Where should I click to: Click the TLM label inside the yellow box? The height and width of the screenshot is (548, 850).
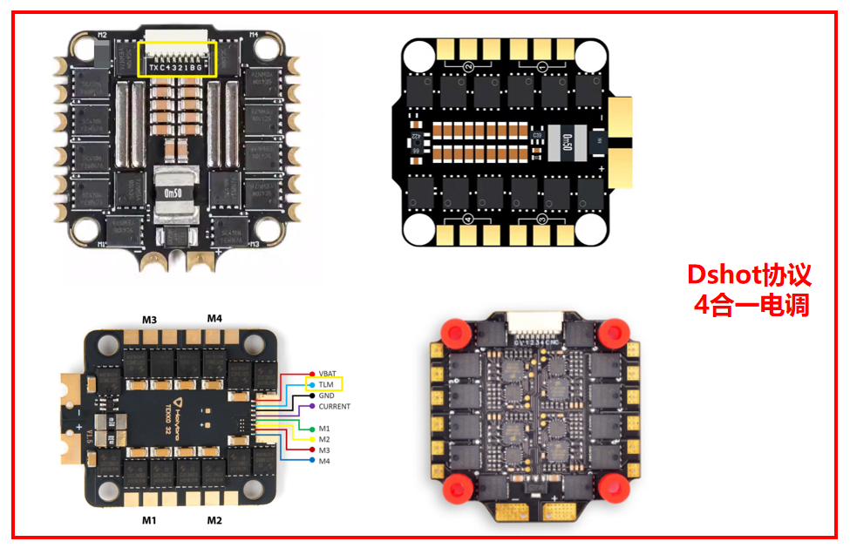point(327,383)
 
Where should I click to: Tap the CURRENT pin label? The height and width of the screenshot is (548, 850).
point(334,407)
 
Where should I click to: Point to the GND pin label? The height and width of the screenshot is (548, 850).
point(327,396)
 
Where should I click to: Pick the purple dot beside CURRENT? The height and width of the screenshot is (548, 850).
point(311,407)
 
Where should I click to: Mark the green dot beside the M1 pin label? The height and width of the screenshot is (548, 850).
point(311,428)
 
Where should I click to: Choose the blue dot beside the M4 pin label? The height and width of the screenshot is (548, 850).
point(311,461)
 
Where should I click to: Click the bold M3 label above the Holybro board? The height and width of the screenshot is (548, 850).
point(149,320)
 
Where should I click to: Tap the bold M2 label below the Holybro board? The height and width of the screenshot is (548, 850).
point(214,520)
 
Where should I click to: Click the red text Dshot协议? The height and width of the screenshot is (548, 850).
point(750,275)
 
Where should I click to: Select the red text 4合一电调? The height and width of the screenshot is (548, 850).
point(751,305)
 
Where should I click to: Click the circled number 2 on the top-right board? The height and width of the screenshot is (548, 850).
point(469,67)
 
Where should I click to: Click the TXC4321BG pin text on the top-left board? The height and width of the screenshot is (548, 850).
point(179,67)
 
